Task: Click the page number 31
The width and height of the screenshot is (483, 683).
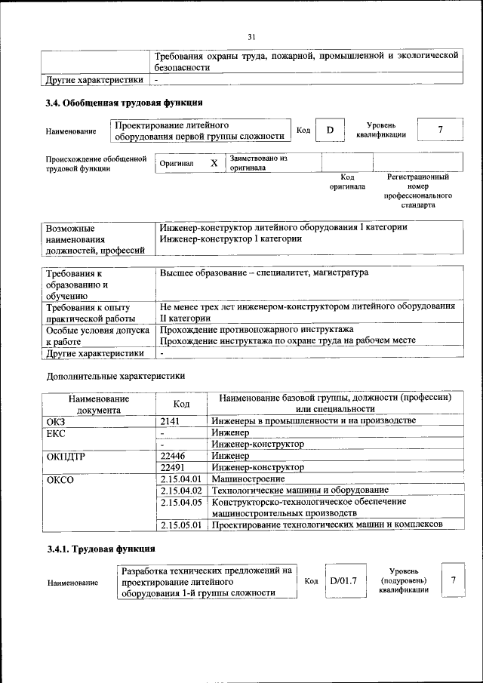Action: click(252, 35)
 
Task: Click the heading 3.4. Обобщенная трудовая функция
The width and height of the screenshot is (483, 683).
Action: click(124, 103)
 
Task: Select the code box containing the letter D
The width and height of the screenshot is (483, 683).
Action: click(330, 130)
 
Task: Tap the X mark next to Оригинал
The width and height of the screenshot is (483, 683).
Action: click(214, 163)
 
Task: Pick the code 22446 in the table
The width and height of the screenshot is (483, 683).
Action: click(175, 456)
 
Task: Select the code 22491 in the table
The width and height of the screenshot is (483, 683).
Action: click(175, 467)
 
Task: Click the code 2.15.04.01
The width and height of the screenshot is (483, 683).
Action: click(181, 478)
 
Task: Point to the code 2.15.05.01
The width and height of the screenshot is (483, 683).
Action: click(181, 525)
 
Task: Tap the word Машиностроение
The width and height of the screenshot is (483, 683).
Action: click(248, 478)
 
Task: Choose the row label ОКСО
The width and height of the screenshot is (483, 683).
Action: click(60, 478)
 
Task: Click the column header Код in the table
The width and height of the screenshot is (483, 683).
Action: click(181, 404)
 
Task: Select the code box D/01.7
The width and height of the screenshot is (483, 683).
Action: click(343, 580)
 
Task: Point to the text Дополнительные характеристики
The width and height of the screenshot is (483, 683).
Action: click(115, 375)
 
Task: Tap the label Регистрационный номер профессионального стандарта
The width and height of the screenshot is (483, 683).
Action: click(417, 190)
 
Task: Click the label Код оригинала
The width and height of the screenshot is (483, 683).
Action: click(347, 181)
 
